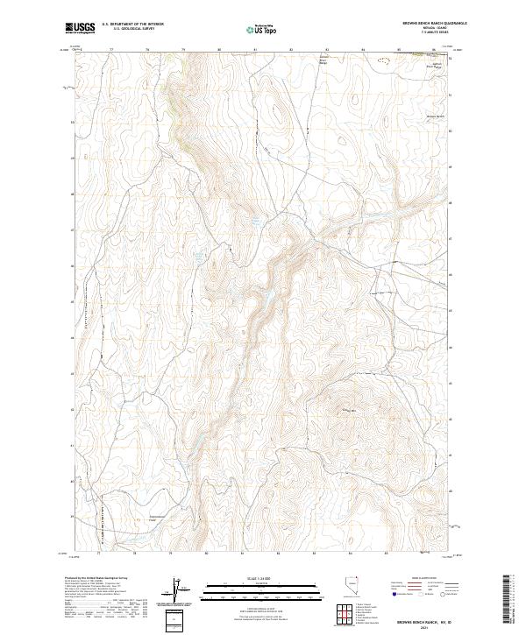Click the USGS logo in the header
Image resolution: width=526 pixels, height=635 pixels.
(x=81, y=29)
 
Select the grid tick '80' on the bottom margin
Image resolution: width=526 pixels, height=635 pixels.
(x=206, y=554)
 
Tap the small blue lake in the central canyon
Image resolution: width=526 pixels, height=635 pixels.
(x=256, y=222)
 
